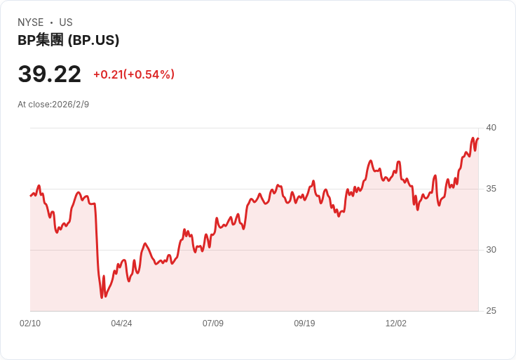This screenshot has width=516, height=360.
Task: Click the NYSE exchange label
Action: tap(30, 22)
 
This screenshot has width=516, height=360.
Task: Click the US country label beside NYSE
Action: tap(66, 22)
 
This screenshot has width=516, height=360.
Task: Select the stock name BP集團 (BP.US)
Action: tap(68, 41)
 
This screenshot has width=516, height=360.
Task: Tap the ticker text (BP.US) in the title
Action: tap(93, 41)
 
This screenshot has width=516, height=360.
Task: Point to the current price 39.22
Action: tap(49, 74)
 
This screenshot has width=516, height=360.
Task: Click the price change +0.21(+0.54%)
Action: tap(134, 74)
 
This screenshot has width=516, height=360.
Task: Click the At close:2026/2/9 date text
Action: tap(53, 105)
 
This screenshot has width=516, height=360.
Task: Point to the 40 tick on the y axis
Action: tap(491, 128)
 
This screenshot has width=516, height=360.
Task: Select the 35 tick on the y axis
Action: tap(491, 189)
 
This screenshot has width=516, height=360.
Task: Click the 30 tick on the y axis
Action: tap(491, 250)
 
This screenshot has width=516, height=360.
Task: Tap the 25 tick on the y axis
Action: tap(491, 311)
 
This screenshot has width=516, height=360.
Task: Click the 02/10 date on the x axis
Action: tap(30, 324)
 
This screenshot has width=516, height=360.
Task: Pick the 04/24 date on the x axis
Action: tap(121, 324)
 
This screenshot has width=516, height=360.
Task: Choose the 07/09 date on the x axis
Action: tap(213, 324)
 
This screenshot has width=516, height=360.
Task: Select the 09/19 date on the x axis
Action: tap(304, 324)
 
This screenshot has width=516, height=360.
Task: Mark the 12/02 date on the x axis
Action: tap(396, 324)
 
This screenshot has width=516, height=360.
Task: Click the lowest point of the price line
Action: tap(102, 298)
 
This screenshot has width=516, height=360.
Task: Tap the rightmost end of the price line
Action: tap(477, 138)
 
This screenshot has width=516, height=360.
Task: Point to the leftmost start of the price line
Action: tap(30, 195)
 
